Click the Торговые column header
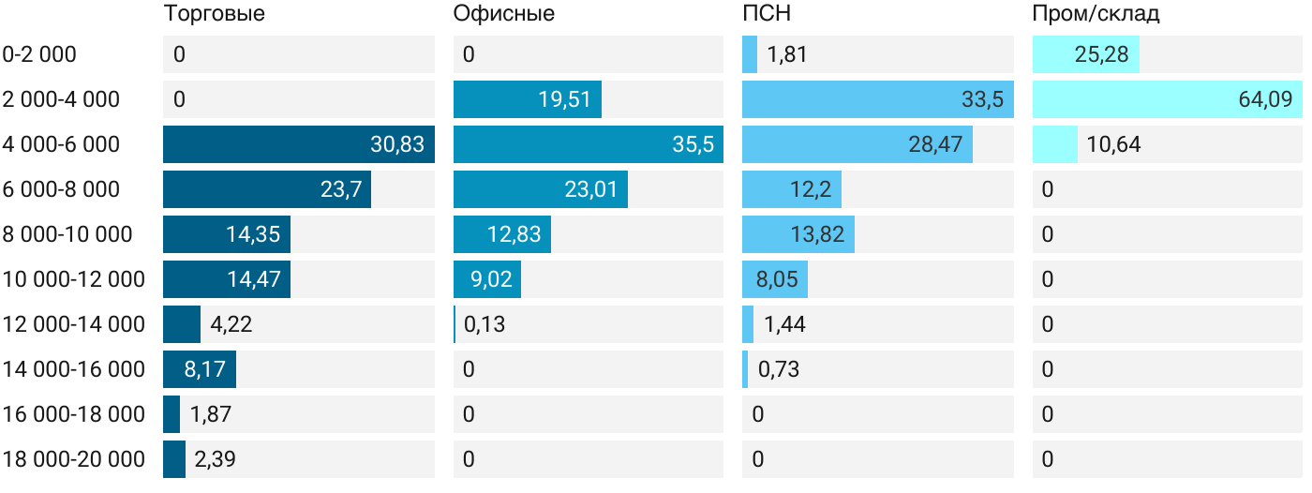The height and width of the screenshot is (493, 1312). pos(214,14)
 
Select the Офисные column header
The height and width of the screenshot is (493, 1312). pos(503,14)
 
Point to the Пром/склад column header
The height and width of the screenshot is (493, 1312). pos(1096,14)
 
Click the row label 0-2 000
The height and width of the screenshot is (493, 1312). pos(39,54)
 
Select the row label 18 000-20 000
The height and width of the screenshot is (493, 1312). pos(74,459)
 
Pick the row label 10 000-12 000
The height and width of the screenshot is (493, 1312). pos(74,279)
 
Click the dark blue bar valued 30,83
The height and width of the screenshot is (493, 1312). pos(298,144)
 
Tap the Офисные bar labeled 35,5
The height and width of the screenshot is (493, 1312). pos(588,144)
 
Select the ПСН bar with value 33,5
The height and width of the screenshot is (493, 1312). pos(877,99)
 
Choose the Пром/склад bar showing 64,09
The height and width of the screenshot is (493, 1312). pos(1167,99)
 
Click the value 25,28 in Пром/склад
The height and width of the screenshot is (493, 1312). pos(1100,54)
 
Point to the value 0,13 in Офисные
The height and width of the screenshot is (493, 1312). pos(485,324)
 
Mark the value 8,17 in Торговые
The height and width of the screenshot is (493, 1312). pos(204,369)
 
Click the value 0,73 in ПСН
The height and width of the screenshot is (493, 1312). pos(778,369)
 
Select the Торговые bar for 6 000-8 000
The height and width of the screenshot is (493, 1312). pos(267,189)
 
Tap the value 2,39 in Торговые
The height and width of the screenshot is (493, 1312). pos(216,459)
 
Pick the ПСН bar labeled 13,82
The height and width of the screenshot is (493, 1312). pos(798,234)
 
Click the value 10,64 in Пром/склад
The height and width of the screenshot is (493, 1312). pos(1113,144)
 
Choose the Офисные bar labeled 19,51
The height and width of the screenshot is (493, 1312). pos(527,99)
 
